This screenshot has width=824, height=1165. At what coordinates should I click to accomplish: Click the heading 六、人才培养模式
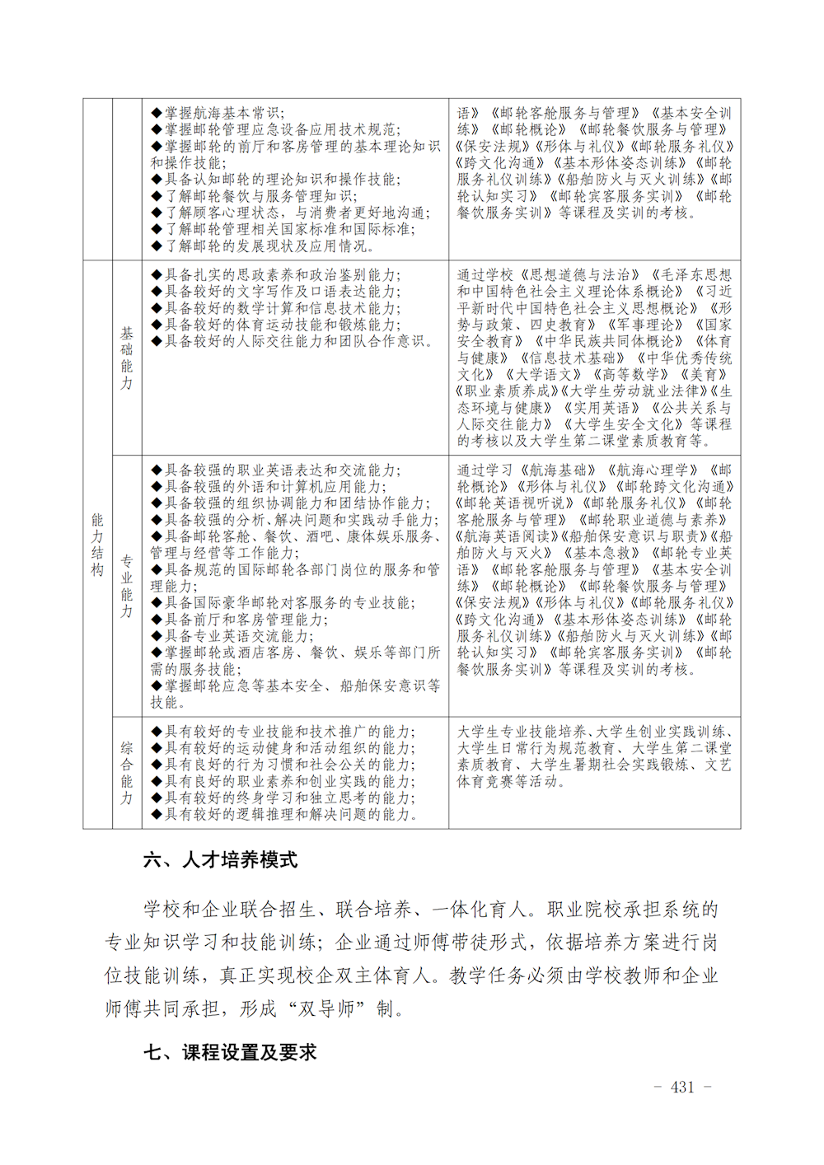(x=220, y=860)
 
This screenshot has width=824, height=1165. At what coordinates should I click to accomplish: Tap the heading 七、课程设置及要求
(x=230, y=1052)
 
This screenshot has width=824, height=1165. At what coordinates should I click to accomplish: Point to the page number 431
(x=682, y=1087)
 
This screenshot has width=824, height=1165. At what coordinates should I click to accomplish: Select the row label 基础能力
(x=127, y=358)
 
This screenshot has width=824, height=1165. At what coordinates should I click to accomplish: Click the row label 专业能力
(x=127, y=586)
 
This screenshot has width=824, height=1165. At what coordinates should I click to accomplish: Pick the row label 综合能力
(x=127, y=773)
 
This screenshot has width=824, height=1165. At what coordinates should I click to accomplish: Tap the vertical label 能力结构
(x=97, y=545)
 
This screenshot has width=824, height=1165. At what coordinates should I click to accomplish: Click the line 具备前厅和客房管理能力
(x=240, y=619)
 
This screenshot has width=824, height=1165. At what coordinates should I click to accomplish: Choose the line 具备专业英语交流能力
(x=232, y=635)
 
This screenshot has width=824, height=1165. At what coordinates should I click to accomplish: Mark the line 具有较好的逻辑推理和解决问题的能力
(x=284, y=814)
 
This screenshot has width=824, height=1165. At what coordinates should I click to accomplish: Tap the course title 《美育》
(x=708, y=374)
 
